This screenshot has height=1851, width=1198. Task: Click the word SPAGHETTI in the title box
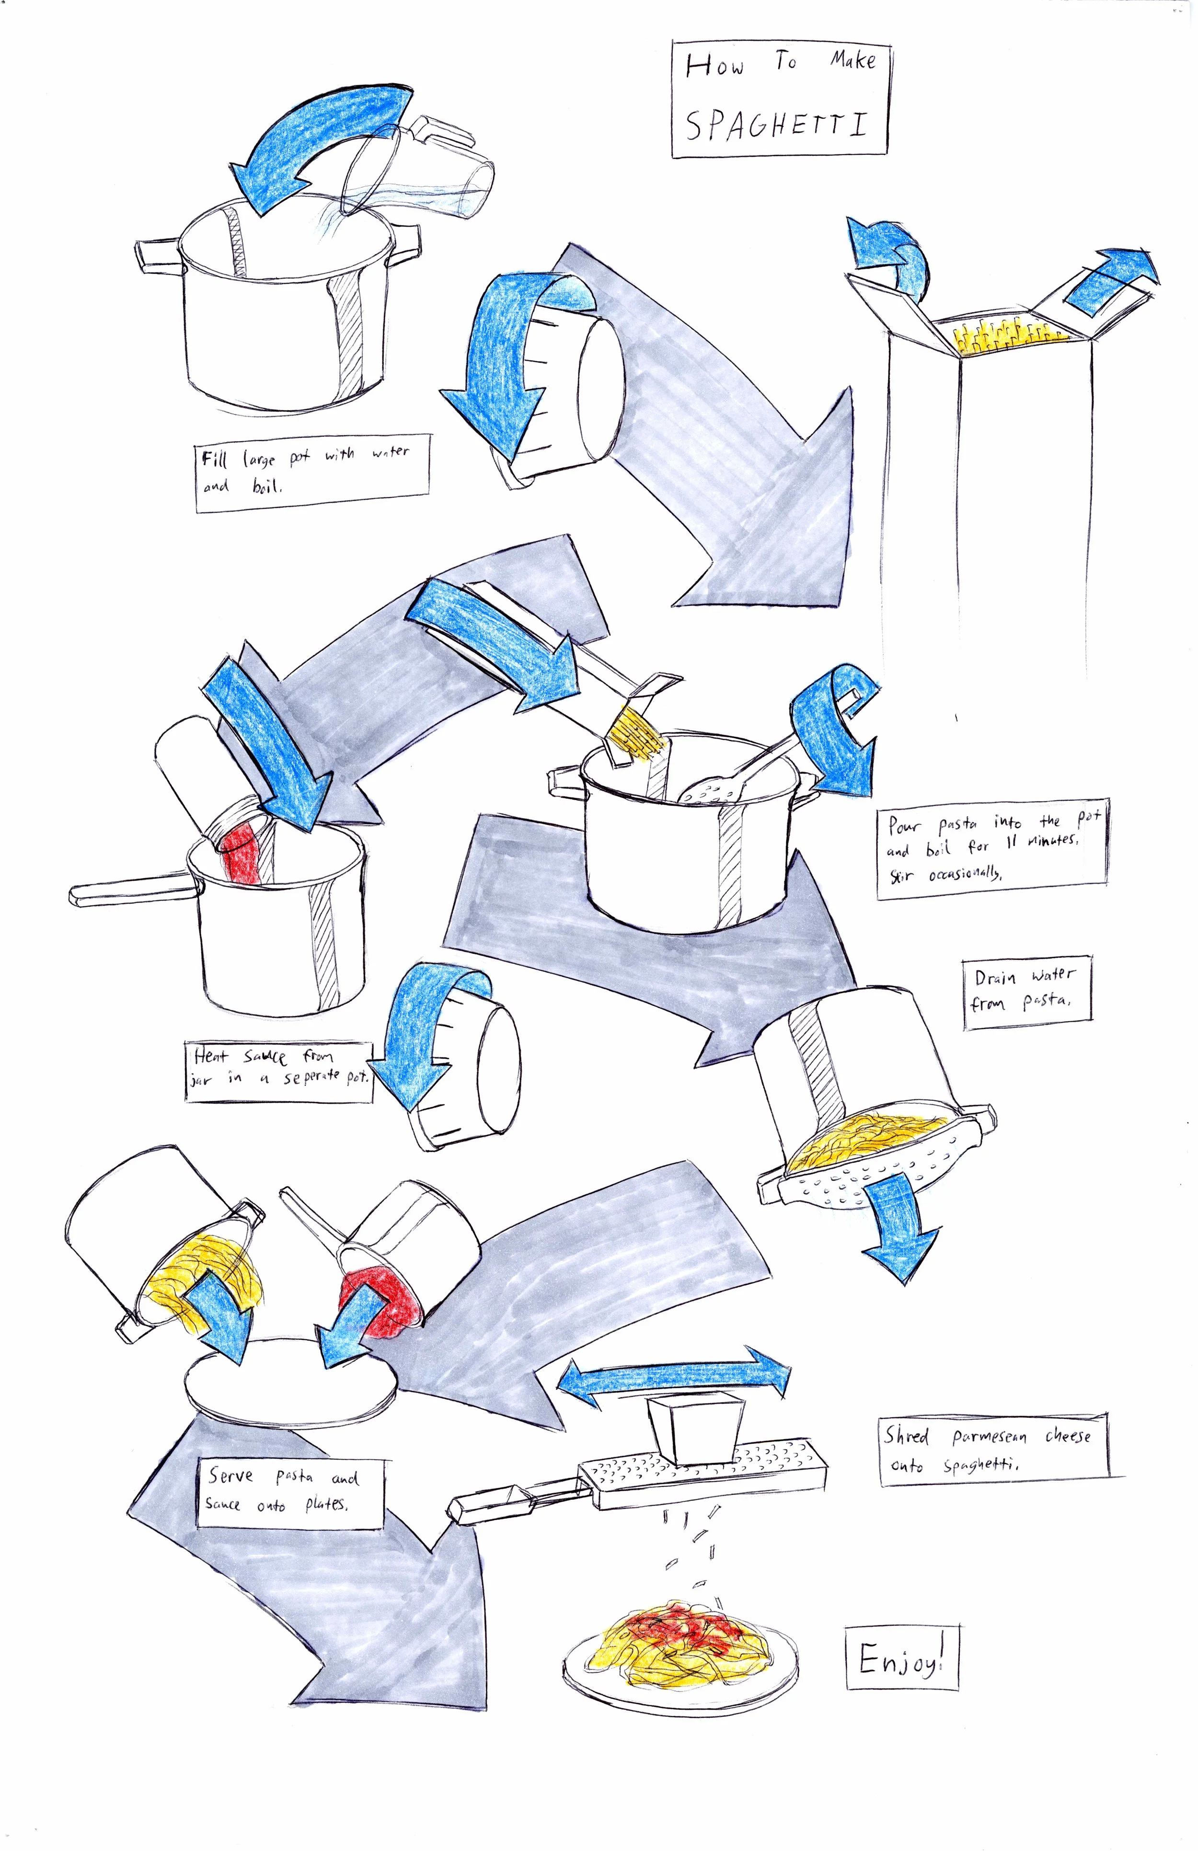pyautogui.click(x=776, y=125)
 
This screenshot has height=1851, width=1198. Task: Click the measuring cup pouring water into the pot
pyautogui.click(x=420, y=171)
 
